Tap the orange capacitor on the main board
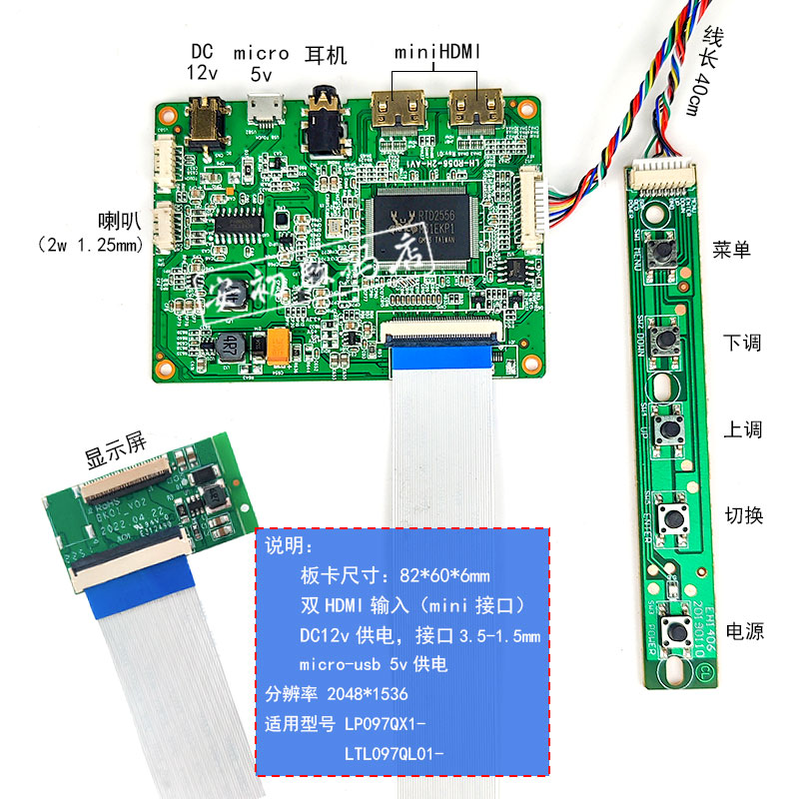(x=277, y=346)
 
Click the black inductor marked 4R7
(x=228, y=347)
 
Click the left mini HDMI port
(x=397, y=110)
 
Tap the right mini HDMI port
(x=475, y=110)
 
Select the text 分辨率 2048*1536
(x=336, y=693)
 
